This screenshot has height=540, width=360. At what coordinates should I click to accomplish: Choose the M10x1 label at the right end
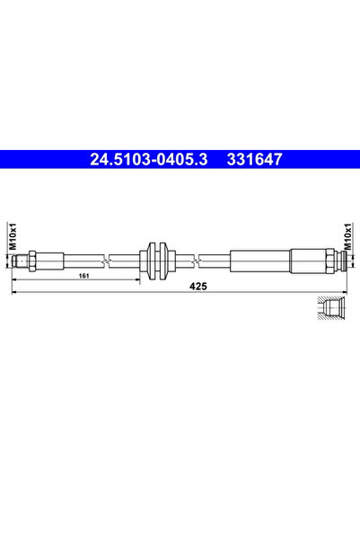347,238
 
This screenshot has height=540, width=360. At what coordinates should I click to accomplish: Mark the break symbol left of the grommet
107,261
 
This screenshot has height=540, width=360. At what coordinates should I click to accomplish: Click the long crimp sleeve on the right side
260,261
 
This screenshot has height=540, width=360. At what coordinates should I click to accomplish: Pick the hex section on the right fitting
310,261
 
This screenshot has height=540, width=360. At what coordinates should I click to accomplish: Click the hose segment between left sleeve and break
85,261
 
